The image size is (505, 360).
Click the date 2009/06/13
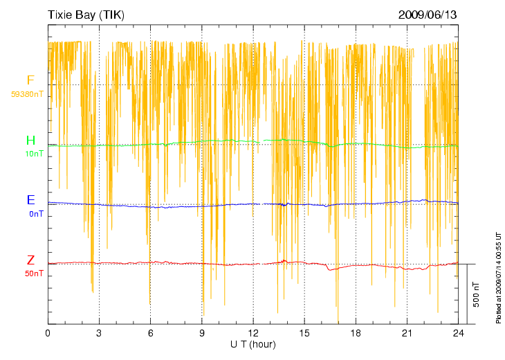tap(428, 14)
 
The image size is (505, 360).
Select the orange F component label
tap(30, 80)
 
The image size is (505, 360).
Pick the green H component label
tap(30, 141)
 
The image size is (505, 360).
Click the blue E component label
tap(30, 200)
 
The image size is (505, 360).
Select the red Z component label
tap(30, 260)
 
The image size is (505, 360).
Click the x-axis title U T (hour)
tap(253, 344)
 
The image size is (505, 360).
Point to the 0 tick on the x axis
tap(48, 333)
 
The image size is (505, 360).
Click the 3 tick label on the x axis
tap(99, 333)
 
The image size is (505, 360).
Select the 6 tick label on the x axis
tap(150, 333)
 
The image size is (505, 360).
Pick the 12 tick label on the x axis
tap(253, 333)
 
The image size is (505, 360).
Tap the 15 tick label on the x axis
tap(304, 333)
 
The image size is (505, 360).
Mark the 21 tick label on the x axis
tap(407, 333)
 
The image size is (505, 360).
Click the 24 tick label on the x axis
tap(458, 333)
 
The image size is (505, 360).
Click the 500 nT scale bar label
tap(476, 294)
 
